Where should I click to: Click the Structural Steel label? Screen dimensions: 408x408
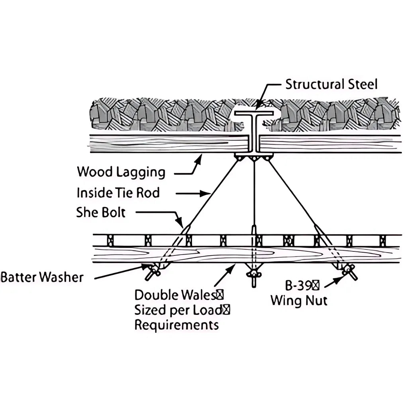click(331, 84)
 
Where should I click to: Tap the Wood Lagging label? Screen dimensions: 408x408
click(121, 172)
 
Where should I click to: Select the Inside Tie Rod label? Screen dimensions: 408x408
click(118, 193)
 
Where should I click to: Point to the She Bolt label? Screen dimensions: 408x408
click(101, 212)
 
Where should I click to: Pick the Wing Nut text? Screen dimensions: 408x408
click(299, 300)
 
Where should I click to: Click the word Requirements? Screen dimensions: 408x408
click(177, 325)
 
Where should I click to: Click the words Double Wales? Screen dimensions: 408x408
click(175, 295)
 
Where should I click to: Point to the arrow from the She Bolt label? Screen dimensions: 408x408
click(159, 215)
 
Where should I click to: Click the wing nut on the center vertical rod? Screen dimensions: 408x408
click(254, 274)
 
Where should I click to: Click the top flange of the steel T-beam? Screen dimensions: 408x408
click(254, 113)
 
